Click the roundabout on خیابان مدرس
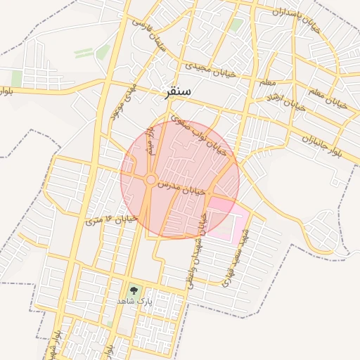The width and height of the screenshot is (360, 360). pos(150,181)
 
